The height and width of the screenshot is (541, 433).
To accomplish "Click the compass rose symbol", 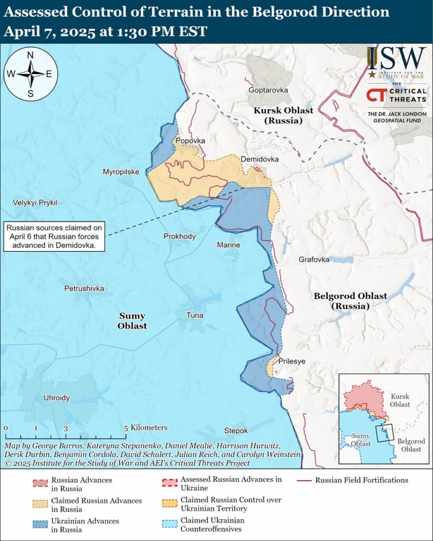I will (31, 73).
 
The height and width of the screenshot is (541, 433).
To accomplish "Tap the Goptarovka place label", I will (269, 90).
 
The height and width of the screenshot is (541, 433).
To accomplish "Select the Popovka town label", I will (190, 141).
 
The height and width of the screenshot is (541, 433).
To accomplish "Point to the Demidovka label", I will (260, 159).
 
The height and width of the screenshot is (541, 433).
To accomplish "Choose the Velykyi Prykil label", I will (35, 202).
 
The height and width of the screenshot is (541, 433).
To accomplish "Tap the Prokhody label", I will (179, 236).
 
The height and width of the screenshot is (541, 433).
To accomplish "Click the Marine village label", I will (228, 245).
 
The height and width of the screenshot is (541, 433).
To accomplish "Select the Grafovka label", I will (314, 260).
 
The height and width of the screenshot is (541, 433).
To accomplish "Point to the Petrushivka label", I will (84, 288).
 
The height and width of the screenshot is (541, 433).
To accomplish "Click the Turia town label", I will (195, 315).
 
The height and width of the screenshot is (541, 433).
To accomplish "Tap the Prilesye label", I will (291, 361).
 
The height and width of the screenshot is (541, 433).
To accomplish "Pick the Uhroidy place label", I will (57, 398).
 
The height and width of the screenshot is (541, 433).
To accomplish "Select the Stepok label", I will (236, 431).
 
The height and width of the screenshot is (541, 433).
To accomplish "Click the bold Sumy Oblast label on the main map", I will (132, 321).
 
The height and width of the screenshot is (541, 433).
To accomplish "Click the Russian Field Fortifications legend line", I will (303, 481).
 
